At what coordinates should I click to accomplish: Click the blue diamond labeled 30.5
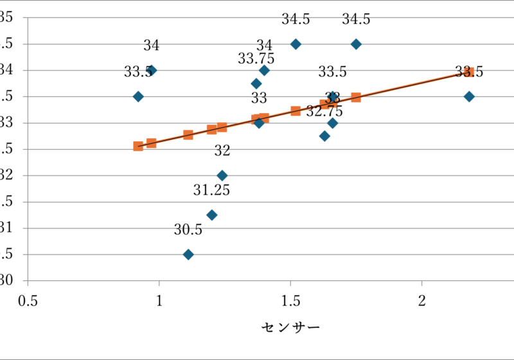coord(188,255)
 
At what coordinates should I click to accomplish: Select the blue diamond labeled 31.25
coord(212,215)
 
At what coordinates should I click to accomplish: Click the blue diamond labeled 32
coord(222,175)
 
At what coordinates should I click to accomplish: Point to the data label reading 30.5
coord(188,230)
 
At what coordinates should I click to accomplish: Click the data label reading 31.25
coord(212,190)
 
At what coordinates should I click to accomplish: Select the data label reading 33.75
coord(256,59)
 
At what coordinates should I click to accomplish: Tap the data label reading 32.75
coord(324,111)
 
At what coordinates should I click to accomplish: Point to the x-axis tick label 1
coord(159,301)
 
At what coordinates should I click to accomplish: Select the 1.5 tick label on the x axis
coord(290,301)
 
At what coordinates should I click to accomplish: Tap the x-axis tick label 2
coord(422,301)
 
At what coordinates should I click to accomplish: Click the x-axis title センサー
coord(290,328)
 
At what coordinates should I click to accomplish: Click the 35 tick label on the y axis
coord(6,17)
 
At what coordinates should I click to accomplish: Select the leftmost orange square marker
coord(138,146)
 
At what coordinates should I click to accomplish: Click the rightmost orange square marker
coord(469,72)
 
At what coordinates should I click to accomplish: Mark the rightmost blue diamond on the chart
coord(469,96)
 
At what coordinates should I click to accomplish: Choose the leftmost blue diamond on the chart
coord(138,96)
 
